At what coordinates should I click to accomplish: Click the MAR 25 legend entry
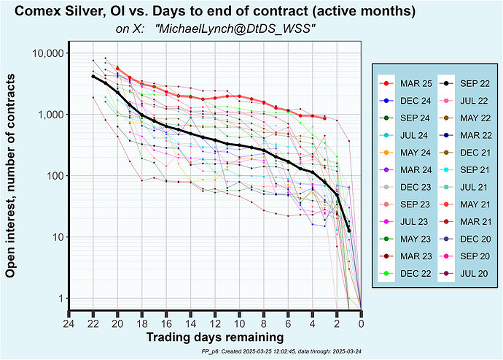point(408,83)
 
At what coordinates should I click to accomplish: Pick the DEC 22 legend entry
point(408,273)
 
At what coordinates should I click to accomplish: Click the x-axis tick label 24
point(69,324)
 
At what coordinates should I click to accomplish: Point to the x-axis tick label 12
point(215,324)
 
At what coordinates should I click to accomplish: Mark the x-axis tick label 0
point(362,324)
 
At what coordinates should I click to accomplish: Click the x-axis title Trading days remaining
point(215,338)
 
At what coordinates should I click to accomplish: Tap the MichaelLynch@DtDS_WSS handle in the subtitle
point(235,29)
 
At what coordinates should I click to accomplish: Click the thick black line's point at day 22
point(93,77)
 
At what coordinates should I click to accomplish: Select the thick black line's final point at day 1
point(349,231)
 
